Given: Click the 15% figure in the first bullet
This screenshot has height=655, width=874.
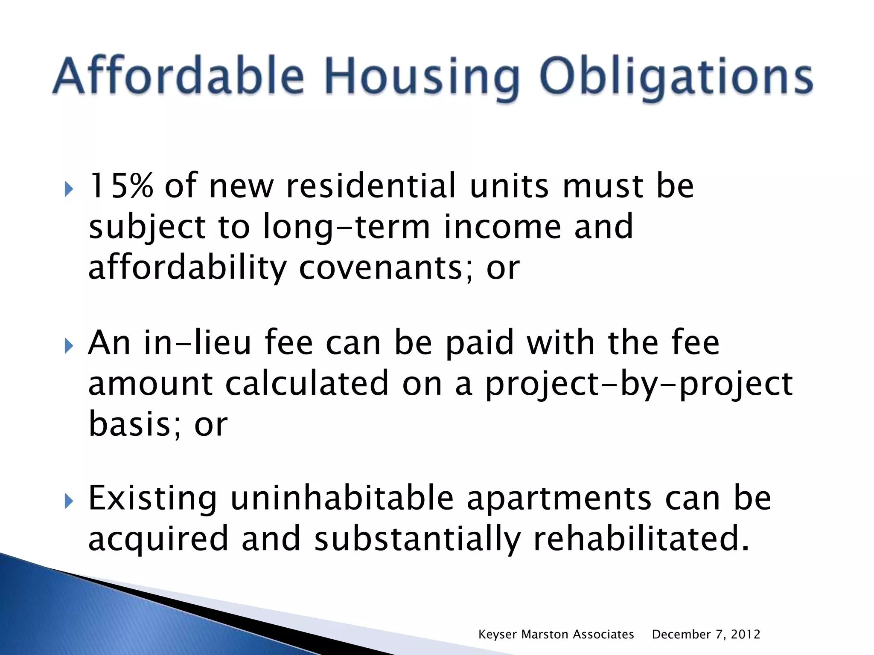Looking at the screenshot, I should [121, 186].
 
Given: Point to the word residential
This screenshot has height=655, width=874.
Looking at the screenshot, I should [371, 186].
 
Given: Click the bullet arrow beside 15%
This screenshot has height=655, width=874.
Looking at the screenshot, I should [69, 188].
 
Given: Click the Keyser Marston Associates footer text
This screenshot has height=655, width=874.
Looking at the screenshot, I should [556, 635].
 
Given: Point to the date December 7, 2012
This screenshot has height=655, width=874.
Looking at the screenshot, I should [706, 635].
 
